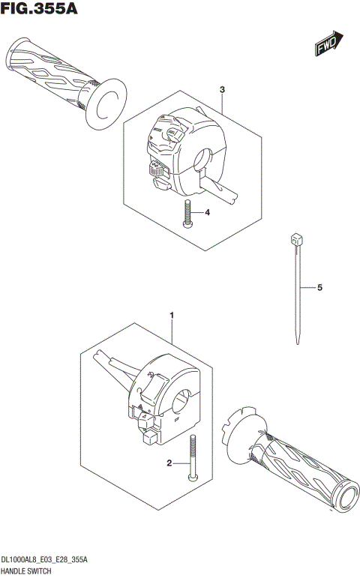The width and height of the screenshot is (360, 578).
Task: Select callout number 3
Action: click(x=223, y=90)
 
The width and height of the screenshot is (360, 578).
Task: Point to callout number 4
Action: click(x=207, y=213)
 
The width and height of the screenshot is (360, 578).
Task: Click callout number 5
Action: click(x=319, y=288)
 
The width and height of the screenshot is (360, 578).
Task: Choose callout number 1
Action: click(x=172, y=316)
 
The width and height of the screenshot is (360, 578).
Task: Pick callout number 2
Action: click(x=170, y=463)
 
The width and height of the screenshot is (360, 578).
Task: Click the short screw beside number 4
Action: click(x=187, y=214)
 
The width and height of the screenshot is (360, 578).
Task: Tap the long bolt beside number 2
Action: click(x=193, y=459)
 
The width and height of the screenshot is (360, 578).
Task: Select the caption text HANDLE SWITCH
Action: click(x=26, y=571)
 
